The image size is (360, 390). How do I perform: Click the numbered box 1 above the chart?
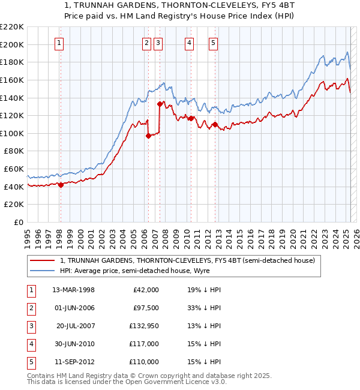(x=60, y=42)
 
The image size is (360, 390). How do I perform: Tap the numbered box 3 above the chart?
(x=158, y=42)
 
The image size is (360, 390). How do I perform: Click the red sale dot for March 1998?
(x=61, y=185)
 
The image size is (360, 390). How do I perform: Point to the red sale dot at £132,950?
(x=160, y=104)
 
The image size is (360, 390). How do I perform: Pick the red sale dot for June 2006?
(x=148, y=136)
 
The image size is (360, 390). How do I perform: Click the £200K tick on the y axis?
(x=13, y=44)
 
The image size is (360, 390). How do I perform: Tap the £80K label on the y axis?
(x=14, y=151)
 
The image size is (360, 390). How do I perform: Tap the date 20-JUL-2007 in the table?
(x=76, y=326)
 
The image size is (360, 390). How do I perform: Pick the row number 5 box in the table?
(x=31, y=362)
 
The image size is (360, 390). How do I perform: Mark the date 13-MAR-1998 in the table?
(x=74, y=290)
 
